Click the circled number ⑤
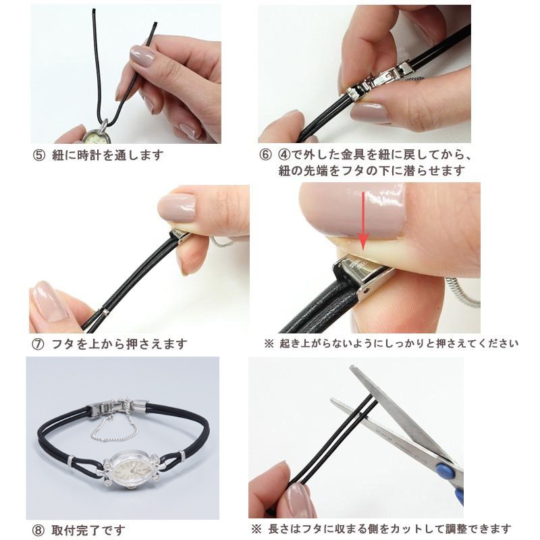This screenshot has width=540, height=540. (39, 155)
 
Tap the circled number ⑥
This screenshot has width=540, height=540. (265, 155)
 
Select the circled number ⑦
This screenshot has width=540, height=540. (38, 344)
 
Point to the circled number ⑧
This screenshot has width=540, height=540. (38, 531)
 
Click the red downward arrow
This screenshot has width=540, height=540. (363, 223)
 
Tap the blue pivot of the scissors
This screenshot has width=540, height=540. (443, 470)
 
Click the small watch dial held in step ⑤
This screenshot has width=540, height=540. (97, 138)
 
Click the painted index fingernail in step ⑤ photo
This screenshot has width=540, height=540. (142, 56)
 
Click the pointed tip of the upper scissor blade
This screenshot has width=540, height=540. (351, 367)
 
